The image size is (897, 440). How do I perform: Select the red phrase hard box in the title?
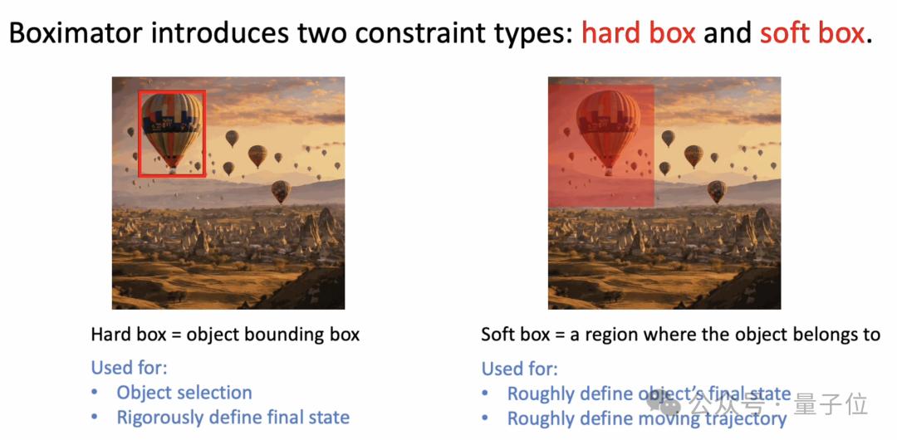click(639, 34)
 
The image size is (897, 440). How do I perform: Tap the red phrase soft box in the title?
click(811, 34)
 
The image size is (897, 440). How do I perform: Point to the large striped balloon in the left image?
click(172, 130)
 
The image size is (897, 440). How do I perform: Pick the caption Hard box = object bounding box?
click(225, 334)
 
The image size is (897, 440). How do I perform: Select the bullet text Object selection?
click(184, 393)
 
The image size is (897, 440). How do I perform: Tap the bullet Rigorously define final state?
click(233, 417)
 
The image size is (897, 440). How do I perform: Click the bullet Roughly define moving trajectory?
click(647, 418)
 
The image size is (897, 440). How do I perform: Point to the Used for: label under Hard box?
click(130, 367)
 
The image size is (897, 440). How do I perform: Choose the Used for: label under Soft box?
click(520, 369)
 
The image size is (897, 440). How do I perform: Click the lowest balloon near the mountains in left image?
click(281, 191)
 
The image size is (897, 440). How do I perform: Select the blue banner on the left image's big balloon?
click(171, 121)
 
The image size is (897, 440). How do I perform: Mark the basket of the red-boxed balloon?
click(172, 170)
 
